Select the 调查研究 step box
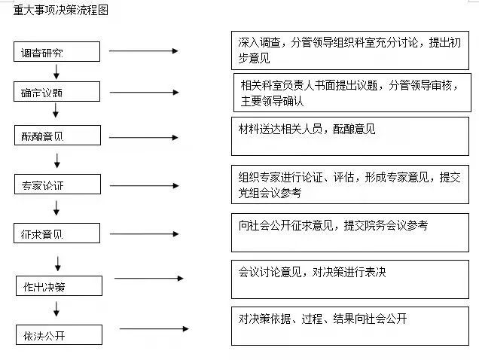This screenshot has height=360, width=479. click(57, 52)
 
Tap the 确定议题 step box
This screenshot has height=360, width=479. click(57, 92)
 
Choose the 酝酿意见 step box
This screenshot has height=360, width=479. click(57, 136)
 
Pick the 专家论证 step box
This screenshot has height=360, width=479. click(57, 185)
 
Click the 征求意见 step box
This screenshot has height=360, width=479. click(57, 233)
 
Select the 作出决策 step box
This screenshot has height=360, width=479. click(59, 286)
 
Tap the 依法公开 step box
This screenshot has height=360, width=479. click(59, 333)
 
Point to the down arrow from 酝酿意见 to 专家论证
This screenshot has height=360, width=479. click(57, 160)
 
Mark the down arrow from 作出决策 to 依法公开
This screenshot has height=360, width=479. click(57, 309)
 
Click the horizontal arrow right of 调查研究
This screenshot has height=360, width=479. click(143, 51)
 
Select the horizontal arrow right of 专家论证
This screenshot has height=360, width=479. click(143, 185)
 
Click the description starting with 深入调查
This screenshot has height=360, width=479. click(349, 50)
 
